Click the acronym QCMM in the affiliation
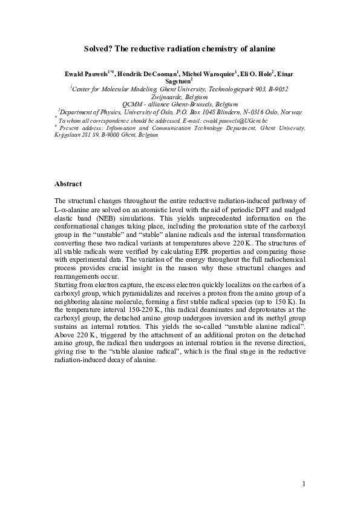[133, 104]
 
